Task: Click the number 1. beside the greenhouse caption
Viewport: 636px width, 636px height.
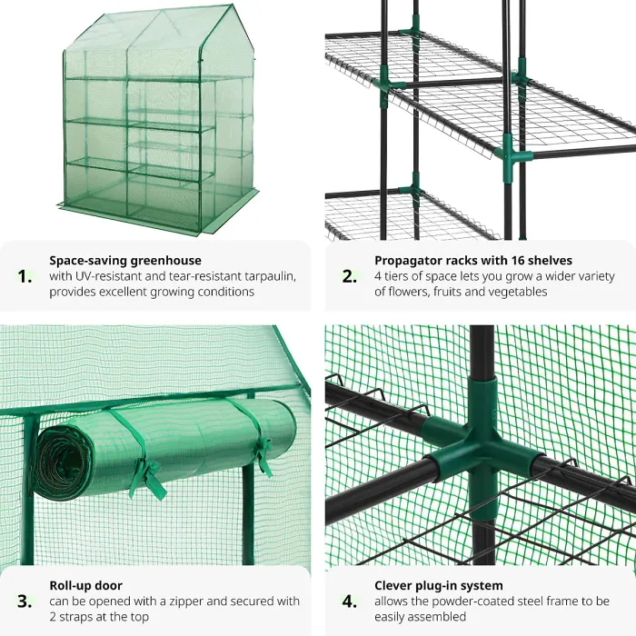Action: coord(26,276)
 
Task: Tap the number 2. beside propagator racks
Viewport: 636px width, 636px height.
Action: coord(350,276)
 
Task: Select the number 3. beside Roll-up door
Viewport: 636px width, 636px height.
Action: coord(26,601)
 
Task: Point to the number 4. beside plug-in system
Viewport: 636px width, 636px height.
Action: coord(350,601)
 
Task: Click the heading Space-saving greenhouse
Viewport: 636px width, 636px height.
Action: coord(125,261)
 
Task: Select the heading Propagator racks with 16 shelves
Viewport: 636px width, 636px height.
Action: coord(472,261)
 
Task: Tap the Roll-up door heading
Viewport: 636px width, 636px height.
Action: coord(85,586)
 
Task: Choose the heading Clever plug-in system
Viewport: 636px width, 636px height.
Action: coord(438,586)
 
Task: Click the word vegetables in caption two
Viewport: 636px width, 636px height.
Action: coord(515,293)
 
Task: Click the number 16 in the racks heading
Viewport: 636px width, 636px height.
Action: coord(508,261)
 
